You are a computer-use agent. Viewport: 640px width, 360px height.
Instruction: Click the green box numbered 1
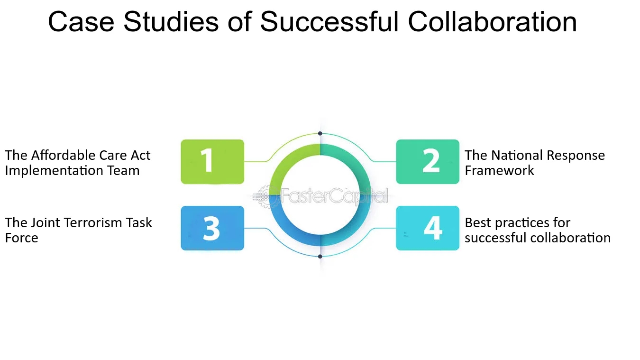212,162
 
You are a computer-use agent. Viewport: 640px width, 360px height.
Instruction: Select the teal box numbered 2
428,162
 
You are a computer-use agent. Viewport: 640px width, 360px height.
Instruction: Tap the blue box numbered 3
212,228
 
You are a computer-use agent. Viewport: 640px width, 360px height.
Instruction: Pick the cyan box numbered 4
428,228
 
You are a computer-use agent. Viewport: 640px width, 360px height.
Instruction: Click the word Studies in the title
171,22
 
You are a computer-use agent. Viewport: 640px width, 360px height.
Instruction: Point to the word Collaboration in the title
492,22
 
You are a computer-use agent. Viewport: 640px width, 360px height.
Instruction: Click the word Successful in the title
329,22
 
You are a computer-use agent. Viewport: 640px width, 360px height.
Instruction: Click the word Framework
499,170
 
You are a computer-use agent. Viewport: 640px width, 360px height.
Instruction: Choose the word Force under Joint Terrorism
21,238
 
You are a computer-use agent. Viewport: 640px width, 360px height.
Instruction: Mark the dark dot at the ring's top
320,133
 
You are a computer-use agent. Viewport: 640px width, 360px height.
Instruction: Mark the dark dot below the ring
320,257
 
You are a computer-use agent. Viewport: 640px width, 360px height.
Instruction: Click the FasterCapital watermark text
334,196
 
